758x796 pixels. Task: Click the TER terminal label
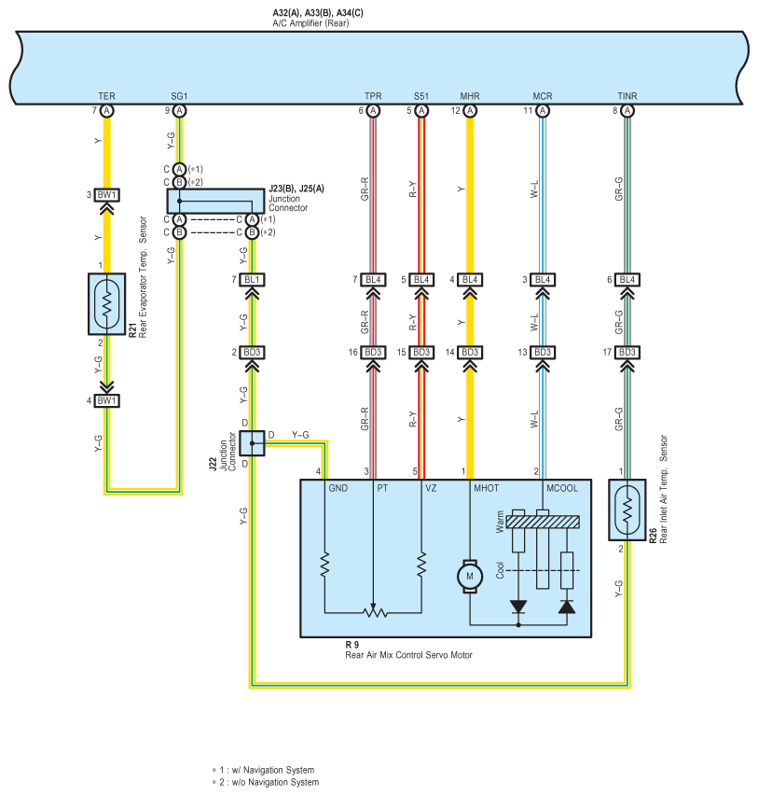106,96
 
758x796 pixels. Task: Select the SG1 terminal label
179,96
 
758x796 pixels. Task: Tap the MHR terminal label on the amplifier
470,96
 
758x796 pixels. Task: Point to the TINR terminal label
627,96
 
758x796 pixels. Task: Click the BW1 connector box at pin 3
106,195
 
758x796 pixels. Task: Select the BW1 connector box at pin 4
106,401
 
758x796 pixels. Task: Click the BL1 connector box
252,280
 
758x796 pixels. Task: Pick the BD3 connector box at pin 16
373,353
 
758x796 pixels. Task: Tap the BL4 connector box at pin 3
543,280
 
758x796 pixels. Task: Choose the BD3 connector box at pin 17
627,353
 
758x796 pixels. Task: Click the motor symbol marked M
469,576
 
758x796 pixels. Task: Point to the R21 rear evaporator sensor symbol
106,304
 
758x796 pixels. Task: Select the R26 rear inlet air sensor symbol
627,510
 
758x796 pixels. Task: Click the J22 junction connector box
252,443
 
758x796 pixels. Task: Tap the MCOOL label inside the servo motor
562,488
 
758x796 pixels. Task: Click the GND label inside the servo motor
338,488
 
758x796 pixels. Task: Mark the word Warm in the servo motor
500,522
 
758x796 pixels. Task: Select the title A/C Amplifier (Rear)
310,23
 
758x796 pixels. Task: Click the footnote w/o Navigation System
275,782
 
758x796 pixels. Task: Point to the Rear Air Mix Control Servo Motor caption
408,655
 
